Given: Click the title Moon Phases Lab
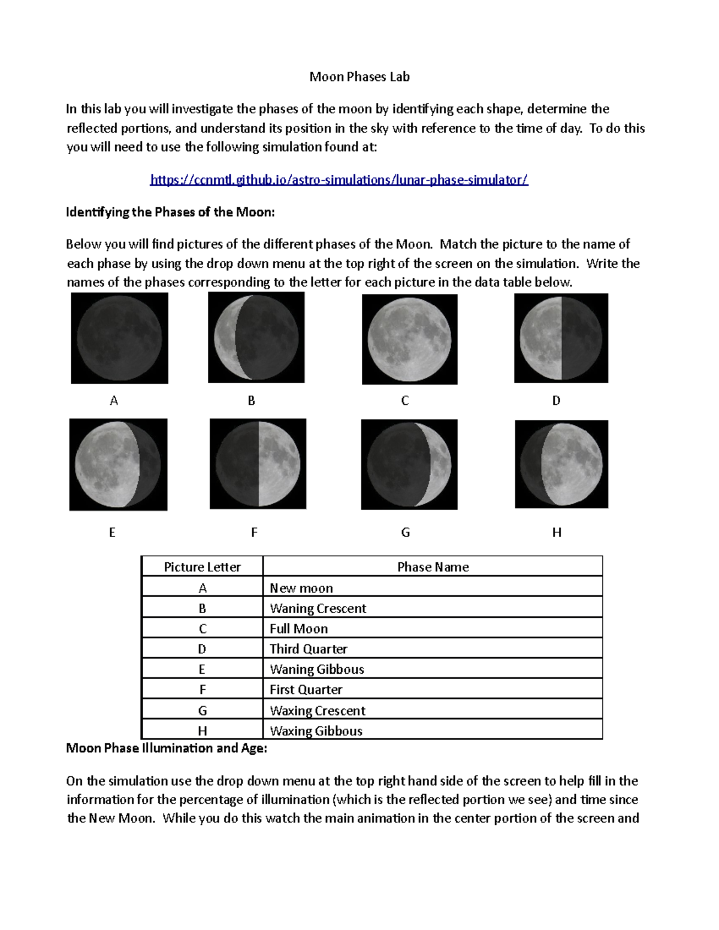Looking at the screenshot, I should pyautogui.click(x=359, y=77).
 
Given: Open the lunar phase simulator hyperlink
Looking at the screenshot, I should pyautogui.click(x=339, y=180).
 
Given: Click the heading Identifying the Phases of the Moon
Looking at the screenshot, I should pyautogui.click(x=170, y=212).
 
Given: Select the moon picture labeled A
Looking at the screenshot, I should pyautogui.click(x=119, y=338).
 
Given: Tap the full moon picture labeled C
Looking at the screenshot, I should pyautogui.click(x=409, y=339).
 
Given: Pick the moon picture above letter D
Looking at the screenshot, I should pyautogui.click(x=561, y=338).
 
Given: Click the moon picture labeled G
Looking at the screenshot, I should pyautogui.click(x=409, y=464).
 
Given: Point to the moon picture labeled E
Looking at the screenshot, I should pyautogui.click(x=118, y=464).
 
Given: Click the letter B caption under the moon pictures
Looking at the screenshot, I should pyautogui.click(x=251, y=401).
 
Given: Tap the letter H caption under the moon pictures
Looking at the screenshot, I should pyautogui.click(x=557, y=532).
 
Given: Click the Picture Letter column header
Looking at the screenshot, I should pyautogui.click(x=202, y=567).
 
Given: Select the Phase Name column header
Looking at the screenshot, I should pyautogui.click(x=433, y=567).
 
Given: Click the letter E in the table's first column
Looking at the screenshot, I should pyautogui.click(x=202, y=670).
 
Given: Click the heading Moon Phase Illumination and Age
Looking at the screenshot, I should pyautogui.click(x=167, y=748).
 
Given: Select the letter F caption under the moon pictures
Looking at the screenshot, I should pyautogui.click(x=254, y=532).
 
